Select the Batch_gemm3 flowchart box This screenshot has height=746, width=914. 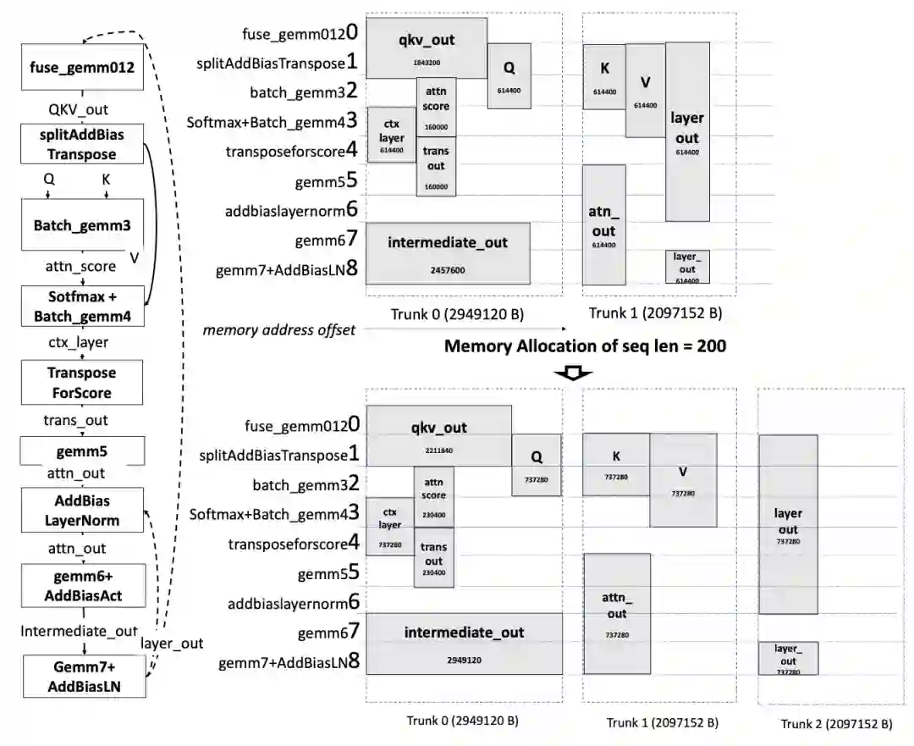click(x=82, y=226)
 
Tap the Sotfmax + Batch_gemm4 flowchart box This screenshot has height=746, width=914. click(x=82, y=307)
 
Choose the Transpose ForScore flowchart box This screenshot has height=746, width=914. click(x=82, y=383)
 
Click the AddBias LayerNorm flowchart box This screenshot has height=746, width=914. click(x=82, y=511)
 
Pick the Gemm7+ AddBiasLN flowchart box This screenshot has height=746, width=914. click(x=82, y=676)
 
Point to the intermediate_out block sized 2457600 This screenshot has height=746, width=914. click(x=448, y=253)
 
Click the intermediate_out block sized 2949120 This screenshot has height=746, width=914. click(x=464, y=643)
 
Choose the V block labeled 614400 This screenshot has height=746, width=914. click(x=645, y=91)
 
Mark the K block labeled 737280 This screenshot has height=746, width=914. click(x=616, y=464)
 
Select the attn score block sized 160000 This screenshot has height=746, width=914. click(x=437, y=107)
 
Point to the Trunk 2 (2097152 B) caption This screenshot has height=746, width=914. click(x=835, y=724)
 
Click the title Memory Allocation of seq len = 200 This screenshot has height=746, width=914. click(x=585, y=345)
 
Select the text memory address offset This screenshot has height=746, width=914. click(x=279, y=329)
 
